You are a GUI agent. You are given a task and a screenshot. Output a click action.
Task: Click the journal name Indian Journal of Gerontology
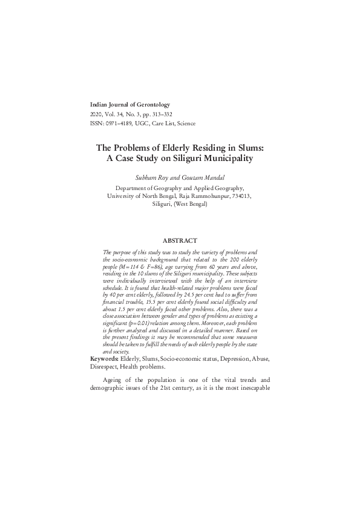click(129, 105)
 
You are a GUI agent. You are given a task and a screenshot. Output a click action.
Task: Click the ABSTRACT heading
click(180, 241)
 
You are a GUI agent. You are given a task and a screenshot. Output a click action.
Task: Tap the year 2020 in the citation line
click(96, 114)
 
